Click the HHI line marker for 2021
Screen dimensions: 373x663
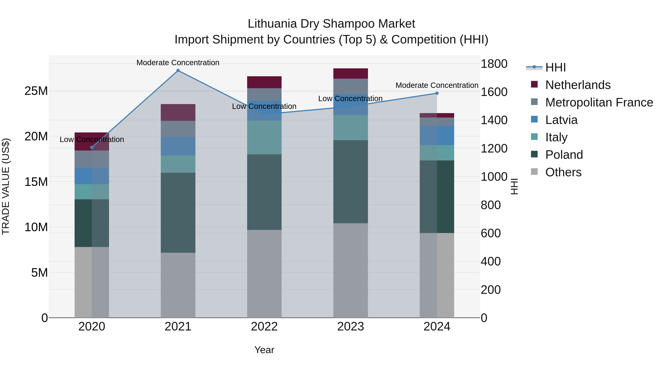pos(178,71)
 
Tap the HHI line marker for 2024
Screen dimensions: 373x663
pos(437,93)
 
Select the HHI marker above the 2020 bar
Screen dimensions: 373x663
pos(92,148)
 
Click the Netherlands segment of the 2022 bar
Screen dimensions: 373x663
pos(264,82)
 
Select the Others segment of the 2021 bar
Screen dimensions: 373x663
pos(178,285)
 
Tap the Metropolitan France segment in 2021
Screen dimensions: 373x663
pos(178,129)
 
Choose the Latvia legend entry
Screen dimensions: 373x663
pos(561,120)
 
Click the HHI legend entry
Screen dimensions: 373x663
pos(555,67)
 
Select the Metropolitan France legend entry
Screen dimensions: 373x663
pos(599,102)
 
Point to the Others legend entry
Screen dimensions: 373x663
pos(563,172)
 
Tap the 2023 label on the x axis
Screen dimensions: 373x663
pos(350,327)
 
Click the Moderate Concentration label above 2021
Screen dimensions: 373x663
pos(178,63)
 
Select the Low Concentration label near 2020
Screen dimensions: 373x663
pos(92,139)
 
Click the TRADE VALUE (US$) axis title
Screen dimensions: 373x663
pos(6,186)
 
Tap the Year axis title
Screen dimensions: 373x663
pos(264,350)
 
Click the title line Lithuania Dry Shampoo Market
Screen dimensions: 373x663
pos(331,24)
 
